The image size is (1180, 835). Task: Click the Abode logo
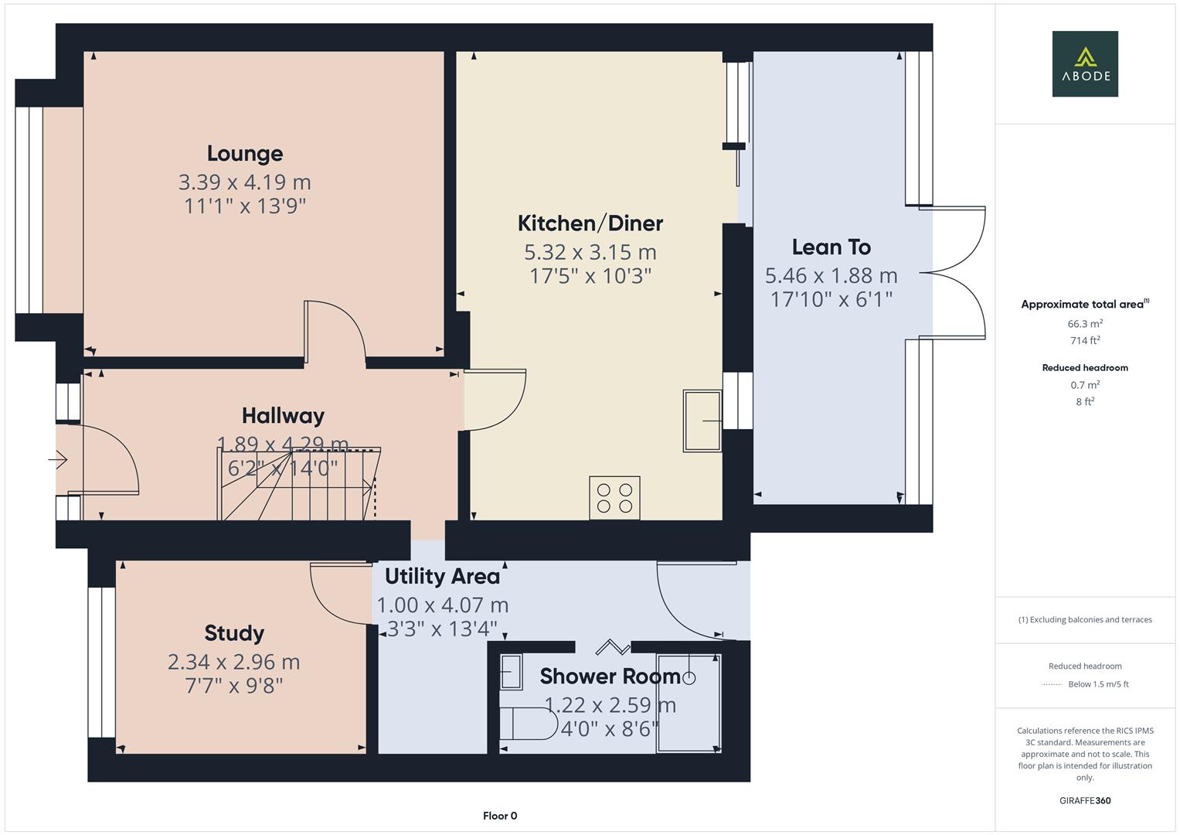coord(1084,64)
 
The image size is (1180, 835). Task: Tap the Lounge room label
coord(244,154)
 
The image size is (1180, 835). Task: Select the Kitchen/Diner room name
coord(590,223)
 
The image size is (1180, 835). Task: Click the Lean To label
coord(831,247)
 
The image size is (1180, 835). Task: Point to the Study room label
coord(234,633)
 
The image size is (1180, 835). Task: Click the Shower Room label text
coord(610,677)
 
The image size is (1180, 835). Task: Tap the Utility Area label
coord(442,577)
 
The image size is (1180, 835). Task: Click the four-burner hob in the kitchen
coord(614,497)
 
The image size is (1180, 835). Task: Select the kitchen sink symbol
coord(702,421)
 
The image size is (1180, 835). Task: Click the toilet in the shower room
coord(528,724)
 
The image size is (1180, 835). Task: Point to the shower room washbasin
coord(511,672)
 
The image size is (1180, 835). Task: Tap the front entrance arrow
coord(58,460)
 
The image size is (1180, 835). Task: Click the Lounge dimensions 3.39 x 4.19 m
coord(244,182)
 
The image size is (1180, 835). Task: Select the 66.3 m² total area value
coord(1084,324)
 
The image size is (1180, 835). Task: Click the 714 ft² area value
coord(1084,340)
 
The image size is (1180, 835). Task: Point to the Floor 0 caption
coord(499,816)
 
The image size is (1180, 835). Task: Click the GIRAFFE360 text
coord(1084,800)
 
